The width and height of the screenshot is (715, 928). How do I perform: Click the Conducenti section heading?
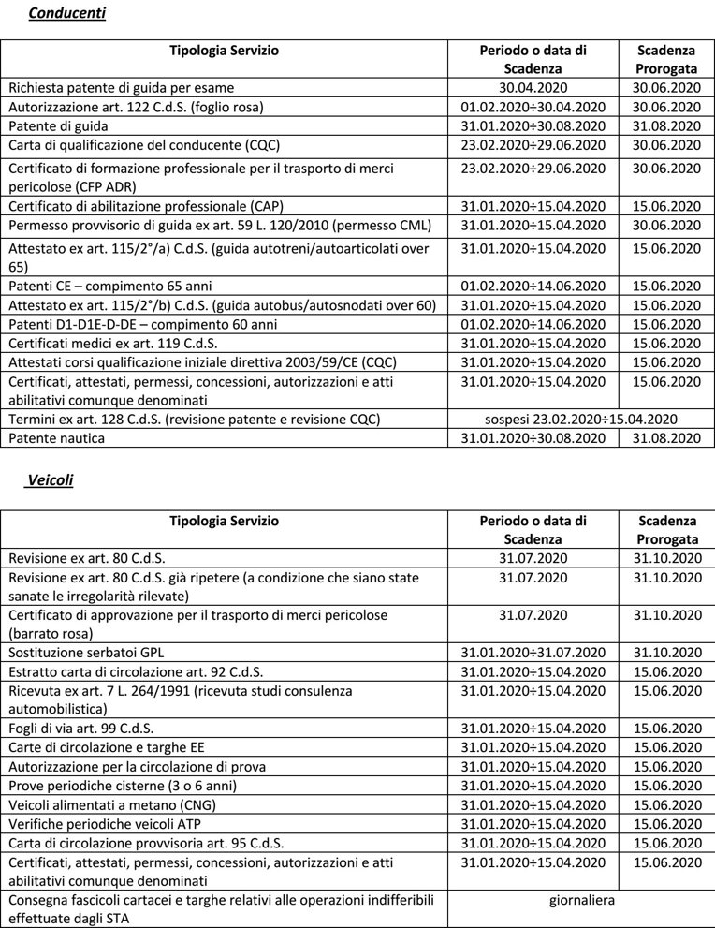66,13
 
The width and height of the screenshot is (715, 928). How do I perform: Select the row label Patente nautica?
57,437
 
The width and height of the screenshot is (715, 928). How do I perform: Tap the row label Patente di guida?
58,125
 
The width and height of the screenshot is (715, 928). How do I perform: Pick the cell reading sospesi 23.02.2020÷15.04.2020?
581,419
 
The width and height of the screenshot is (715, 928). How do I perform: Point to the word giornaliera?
582,900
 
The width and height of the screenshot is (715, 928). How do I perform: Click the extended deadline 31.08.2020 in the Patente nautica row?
666,437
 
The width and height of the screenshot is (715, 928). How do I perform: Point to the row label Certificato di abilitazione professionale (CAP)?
146,206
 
